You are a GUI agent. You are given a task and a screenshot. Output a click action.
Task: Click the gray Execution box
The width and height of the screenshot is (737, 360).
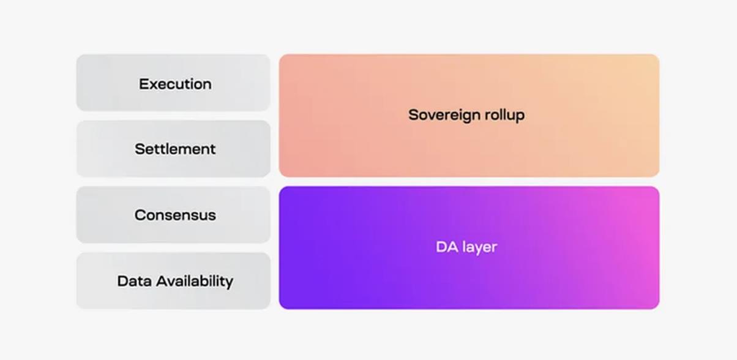pos(173,83)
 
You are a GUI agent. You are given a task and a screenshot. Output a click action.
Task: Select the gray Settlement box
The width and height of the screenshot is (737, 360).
pos(173,149)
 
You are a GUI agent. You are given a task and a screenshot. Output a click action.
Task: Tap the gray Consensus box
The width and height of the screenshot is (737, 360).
pos(173,215)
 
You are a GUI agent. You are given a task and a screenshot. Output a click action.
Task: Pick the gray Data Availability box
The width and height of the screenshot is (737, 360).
pos(173,281)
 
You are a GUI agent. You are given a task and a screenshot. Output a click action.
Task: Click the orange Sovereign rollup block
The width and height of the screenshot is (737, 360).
pos(469,116)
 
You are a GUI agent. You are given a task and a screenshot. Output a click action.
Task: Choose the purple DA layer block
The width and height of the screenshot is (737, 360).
pos(469,248)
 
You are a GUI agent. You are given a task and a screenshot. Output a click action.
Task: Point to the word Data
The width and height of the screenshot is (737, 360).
pos(135,281)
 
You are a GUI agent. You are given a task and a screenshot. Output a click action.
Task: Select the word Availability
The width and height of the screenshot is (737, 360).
pos(195,282)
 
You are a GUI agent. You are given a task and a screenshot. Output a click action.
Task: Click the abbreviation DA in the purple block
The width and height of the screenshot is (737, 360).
pos(447,247)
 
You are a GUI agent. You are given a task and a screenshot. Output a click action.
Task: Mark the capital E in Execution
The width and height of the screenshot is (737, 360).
pos(144,84)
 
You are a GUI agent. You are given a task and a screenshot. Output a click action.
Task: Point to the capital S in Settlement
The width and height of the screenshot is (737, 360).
pos(140,149)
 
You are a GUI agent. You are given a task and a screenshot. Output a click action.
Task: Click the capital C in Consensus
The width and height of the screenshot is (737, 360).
pos(141,216)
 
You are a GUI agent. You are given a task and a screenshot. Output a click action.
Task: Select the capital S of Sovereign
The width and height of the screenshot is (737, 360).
pos(414,115)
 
